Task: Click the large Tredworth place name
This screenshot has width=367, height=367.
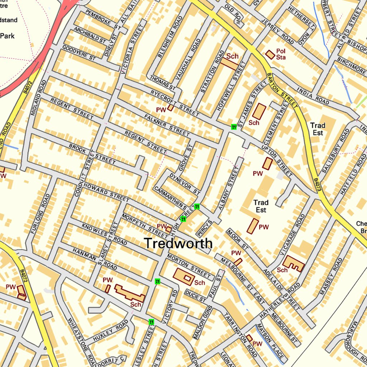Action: (x=178, y=243)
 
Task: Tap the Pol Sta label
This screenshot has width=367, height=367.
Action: (x=281, y=54)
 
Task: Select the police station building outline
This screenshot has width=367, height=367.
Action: (x=270, y=54)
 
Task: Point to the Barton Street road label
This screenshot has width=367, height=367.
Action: (x=282, y=90)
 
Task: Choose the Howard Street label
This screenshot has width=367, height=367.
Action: (x=106, y=192)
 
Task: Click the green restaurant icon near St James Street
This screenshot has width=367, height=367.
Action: (x=234, y=127)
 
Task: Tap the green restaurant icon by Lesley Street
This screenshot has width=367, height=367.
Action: (x=151, y=322)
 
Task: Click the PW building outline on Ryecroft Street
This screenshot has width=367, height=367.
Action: (x=171, y=107)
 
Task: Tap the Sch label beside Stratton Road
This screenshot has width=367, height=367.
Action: (x=232, y=56)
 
